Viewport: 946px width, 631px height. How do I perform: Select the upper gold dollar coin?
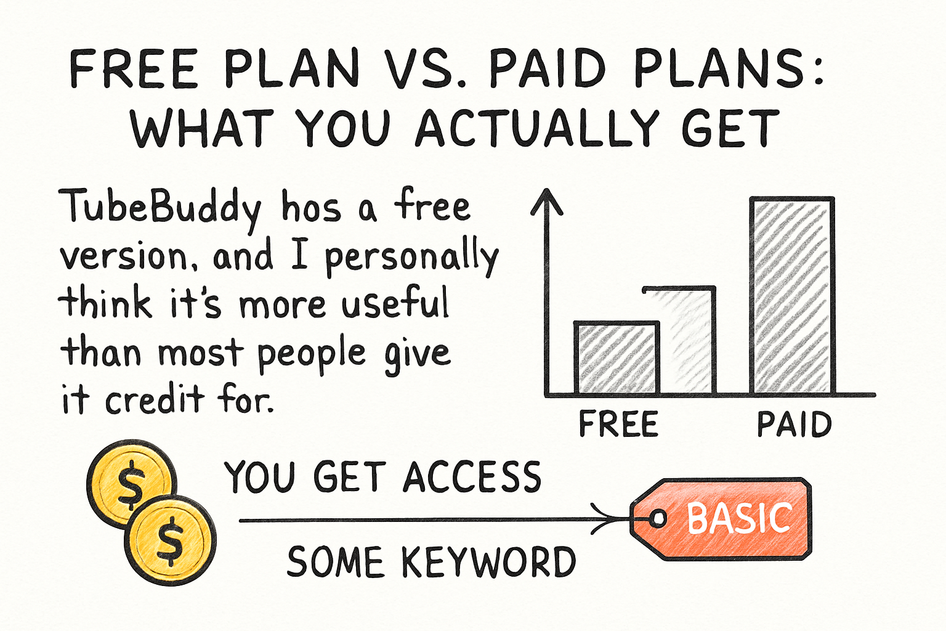130,483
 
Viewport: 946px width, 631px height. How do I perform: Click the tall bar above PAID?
792,296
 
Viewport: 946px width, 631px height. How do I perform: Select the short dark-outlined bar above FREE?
616,358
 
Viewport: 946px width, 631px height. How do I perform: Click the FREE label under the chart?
618,425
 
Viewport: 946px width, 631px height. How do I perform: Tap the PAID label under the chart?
794,425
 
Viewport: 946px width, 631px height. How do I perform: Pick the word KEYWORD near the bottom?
488,562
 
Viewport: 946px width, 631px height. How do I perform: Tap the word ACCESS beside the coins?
472,477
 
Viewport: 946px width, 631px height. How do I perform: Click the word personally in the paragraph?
411,257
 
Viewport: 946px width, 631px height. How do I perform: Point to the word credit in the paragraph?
154,400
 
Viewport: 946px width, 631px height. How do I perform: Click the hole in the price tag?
658,518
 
